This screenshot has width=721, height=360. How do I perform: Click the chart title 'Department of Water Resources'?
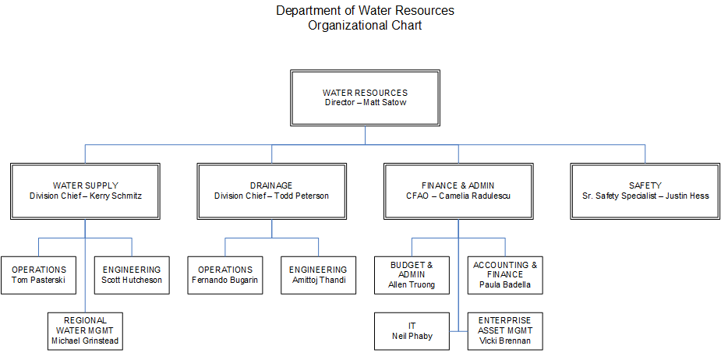[365, 11]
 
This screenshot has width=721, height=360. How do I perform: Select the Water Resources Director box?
[365, 97]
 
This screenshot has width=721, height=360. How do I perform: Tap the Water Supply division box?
[86, 190]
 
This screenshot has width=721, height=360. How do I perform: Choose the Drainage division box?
[271, 190]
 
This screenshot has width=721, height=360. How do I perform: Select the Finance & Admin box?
[458, 190]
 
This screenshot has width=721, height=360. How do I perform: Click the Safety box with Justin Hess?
[645, 190]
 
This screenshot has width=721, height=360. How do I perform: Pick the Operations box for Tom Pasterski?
[39, 274]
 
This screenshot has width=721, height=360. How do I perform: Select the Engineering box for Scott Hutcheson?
[132, 274]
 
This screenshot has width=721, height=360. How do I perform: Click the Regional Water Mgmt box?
[85, 330]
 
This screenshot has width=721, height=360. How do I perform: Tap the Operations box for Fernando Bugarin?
[225, 274]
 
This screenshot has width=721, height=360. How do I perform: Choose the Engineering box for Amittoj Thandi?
[318, 274]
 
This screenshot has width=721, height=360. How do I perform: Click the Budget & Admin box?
[412, 274]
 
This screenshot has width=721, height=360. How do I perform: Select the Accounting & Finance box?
[505, 274]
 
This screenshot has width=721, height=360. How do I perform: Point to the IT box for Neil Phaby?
[412, 330]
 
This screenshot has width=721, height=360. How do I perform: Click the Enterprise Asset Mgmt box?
[505, 330]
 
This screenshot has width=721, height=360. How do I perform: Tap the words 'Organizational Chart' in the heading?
[365, 26]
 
